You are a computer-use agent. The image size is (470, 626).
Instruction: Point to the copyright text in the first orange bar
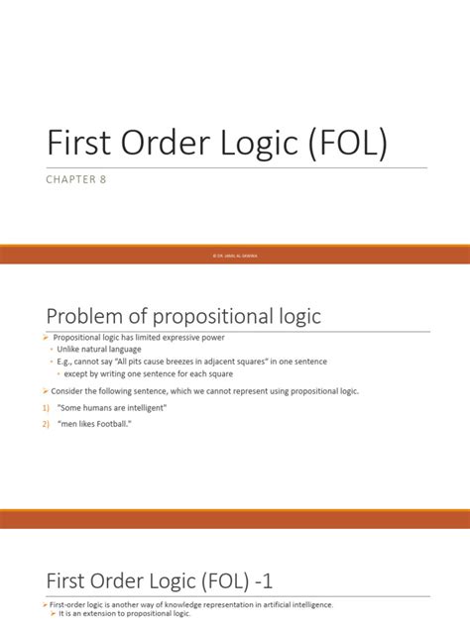click(x=235, y=256)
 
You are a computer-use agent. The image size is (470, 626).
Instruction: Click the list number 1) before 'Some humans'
click(x=46, y=408)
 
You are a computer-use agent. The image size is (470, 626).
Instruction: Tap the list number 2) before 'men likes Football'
click(x=46, y=426)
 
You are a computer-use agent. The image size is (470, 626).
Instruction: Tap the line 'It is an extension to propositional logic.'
click(x=124, y=615)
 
